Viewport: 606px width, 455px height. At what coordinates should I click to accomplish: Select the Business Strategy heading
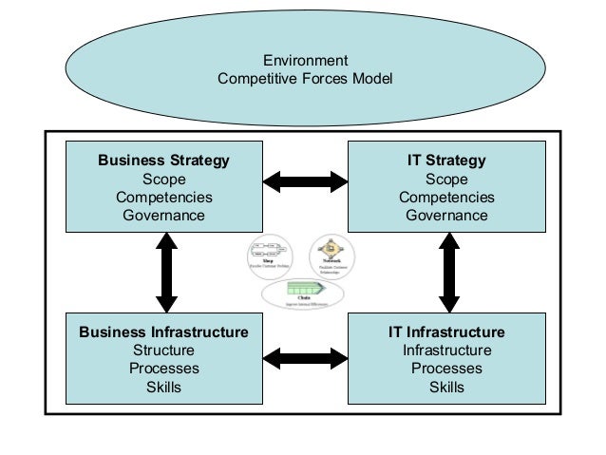(164, 161)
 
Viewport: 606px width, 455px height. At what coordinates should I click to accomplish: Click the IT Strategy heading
(446, 161)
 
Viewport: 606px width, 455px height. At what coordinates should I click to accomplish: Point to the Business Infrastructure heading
(164, 332)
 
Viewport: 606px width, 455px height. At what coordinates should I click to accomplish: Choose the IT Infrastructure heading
(446, 332)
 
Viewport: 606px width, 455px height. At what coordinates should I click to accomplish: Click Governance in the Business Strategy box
(164, 215)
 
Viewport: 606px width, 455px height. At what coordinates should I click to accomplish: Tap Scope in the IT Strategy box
(446, 179)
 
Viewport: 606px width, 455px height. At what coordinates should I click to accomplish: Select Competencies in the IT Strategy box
(446, 197)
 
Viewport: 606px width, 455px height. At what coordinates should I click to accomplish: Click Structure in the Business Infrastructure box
(164, 351)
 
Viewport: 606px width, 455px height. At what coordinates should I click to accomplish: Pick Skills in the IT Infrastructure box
(446, 387)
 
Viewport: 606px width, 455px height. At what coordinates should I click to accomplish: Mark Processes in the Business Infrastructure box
(164, 369)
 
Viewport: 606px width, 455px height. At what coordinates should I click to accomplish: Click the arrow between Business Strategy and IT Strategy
(305, 180)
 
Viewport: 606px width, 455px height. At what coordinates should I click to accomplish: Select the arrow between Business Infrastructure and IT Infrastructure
(305, 357)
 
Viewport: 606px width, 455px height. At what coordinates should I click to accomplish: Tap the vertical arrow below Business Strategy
(166, 273)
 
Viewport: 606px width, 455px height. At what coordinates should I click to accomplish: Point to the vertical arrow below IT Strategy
(448, 273)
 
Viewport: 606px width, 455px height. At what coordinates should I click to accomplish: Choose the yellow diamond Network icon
(332, 249)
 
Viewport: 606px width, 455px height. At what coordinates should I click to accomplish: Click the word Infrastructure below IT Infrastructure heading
(446, 351)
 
